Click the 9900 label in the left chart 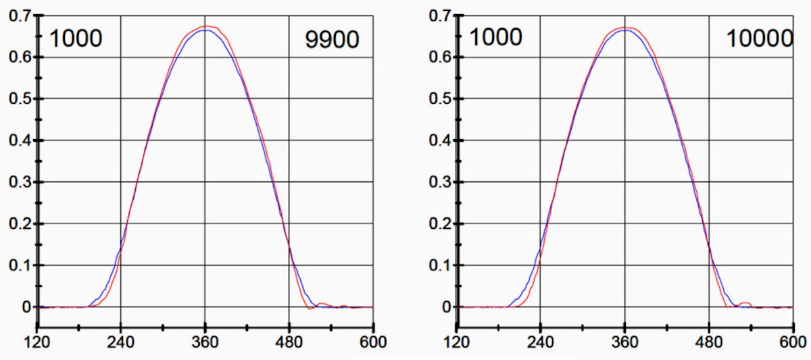pyautogui.click(x=331, y=40)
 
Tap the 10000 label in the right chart pyautogui.click(x=758, y=38)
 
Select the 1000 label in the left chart pyautogui.click(x=76, y=38)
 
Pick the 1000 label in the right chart pyautogui.click(x=495, y=37)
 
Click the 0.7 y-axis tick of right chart pyautogui.click(x=439, y=16)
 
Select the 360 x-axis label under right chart pyautogui.click(x=624, y=342)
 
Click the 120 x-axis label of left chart pyautogui.click(x=37, y=342)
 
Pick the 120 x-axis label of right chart pyautogui.click(x=458, y=342)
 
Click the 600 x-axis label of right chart pyautogui.click(x=793, y=342)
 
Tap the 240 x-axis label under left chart pyautogui.click(x=121, y=342)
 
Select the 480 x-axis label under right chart pyautogui.click(x=709, y=342)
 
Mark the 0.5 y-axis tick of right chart pyautogui.click(x=439, y=99)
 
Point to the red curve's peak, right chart pyautogui.click(x=626, y=28)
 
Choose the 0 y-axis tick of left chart pyautogui.click(x=26, y=307)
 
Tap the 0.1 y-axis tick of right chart pyautogui.click(x=439, y=265)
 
